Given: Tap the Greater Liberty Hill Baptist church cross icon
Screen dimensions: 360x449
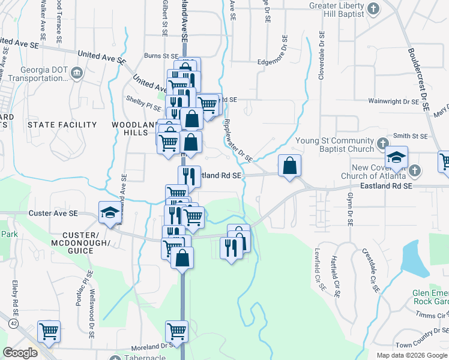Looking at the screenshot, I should (x=373, y=8).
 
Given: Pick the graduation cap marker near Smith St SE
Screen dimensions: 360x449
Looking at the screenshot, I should (x=397, y=157).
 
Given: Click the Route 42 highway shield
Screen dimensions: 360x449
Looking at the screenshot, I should (x=13, y=323).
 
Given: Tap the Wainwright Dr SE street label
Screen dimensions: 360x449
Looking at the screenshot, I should (x=393, y=102).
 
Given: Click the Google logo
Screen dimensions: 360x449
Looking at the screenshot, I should (x=20, y=353).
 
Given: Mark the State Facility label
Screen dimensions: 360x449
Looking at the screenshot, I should (x=62, y=125).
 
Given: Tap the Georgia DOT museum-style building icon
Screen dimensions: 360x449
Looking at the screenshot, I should (x=77, y=73).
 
